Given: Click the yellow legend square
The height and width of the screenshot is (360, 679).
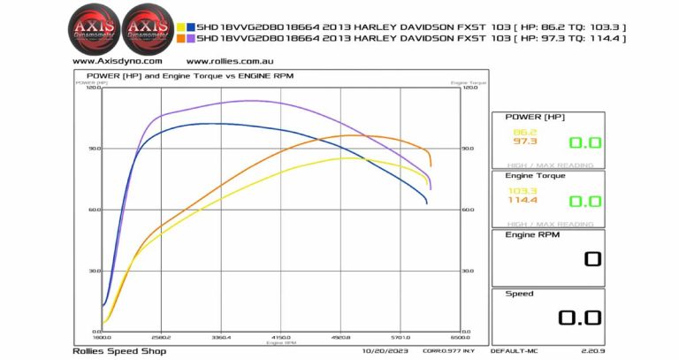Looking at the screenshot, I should [x=181, y=27].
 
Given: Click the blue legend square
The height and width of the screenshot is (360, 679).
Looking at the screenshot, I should [x=190, y=27].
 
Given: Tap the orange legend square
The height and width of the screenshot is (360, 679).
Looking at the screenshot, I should [x=181, y=39].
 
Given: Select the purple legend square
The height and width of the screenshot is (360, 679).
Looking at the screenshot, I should [x=190, y=39].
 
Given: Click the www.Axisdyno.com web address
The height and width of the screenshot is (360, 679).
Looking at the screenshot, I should [x=118, y=62].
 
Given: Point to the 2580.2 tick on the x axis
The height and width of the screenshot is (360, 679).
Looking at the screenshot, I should [x=161, y=337].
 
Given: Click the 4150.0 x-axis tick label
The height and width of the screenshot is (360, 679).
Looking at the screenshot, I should [x=281, y=337].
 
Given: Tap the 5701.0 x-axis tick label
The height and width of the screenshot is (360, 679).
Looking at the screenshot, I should [x=401, y=337].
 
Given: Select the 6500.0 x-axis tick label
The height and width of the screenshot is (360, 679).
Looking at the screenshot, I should [x=461, y=337].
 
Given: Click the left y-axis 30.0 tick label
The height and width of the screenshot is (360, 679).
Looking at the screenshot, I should [x=94, y=271].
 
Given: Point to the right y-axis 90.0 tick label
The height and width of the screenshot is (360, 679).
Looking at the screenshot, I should [x=469, y=149].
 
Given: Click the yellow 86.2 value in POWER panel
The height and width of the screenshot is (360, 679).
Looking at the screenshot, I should [x=524, y=132].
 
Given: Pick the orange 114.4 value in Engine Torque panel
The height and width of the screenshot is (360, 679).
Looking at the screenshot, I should [x=523, y=200].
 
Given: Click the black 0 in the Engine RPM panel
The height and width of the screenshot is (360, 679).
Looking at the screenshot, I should [x=591, y=259].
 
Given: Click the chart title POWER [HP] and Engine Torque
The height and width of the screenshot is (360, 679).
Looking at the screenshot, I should [x=190, y=76].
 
